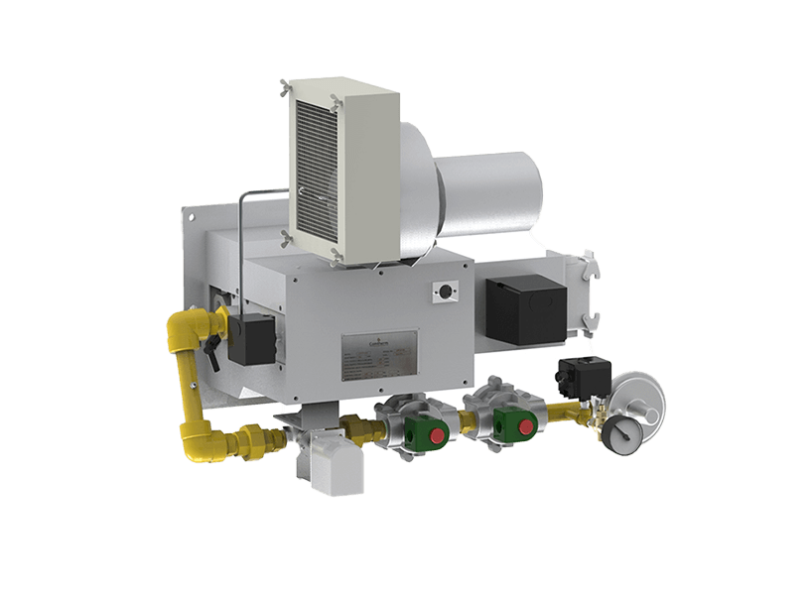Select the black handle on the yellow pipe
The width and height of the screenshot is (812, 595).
[210, 346]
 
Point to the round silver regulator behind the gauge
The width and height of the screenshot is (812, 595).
[641, 403]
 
